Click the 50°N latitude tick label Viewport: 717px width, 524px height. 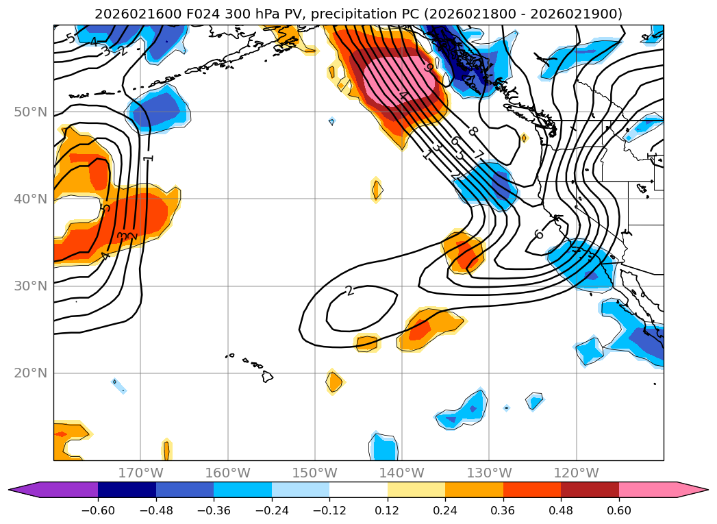tap(30, 112)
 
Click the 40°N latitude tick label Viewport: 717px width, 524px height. tap(30, 199)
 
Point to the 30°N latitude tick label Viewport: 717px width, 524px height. tap(30, 286)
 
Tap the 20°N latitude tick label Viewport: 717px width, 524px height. tap(30, 373)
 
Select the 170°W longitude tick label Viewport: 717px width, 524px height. tap(140, 473)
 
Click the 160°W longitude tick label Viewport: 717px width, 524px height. tap(227, 473)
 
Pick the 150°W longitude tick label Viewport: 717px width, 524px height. tap(314, 473)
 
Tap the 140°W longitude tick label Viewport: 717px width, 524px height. tap(402, 473)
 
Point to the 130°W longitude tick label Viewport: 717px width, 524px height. tap(489, 473)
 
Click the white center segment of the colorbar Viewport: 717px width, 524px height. tap(358, 490)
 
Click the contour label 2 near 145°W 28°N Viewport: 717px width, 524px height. tap(350, 291)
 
